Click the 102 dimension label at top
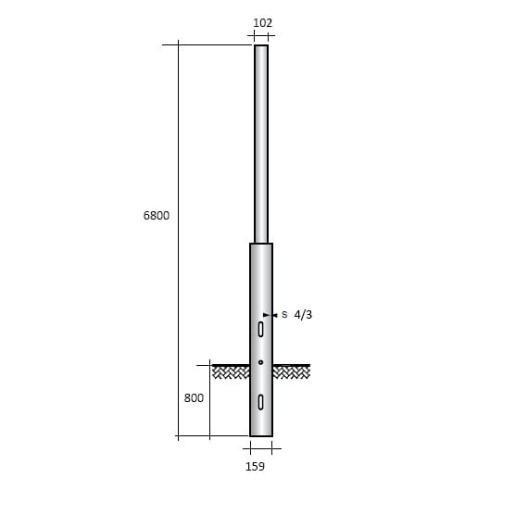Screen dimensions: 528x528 pos(262,22)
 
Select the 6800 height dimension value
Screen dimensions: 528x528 pos(156,215)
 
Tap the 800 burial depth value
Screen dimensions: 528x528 pos(194,398)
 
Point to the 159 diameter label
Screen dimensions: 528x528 pos(256,466)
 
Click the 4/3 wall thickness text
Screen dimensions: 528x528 pos(303,315)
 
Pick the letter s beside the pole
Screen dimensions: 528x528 pos(284,315)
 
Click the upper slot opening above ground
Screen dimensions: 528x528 pos(261,329)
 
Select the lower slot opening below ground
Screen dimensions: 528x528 pos(261,401)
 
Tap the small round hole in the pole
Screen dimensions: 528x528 pos(261,362)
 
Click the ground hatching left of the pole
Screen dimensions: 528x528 pos(232,371)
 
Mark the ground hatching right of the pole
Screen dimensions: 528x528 pos(291,371)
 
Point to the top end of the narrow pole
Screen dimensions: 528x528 pos(261,45)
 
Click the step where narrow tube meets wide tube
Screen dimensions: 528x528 pos(261,244)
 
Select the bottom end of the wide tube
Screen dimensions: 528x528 pos(261,435)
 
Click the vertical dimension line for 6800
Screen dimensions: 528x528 pos(177,139)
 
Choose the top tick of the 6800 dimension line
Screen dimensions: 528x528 pos(177,44)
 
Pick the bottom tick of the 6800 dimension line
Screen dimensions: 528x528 pos(177,436)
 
